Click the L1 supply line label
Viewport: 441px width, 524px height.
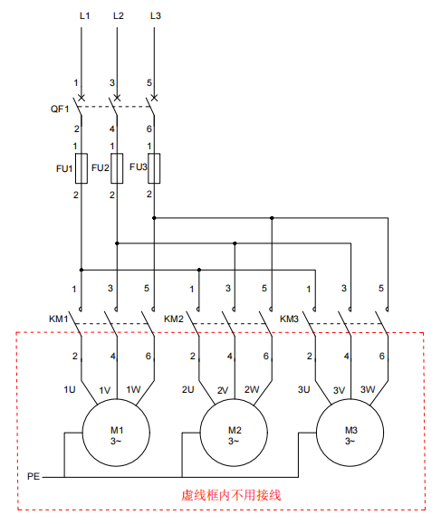click(x=84, y=15)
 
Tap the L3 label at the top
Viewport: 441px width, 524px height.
click(x=156, y=15)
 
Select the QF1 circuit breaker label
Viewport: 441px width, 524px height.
click(x=60, y=109)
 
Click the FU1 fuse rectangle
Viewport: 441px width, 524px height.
click(x=81, y=168)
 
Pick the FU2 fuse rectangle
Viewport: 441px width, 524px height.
click(x=117, y=168)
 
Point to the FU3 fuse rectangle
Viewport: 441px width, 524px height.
click(x=154, y=168)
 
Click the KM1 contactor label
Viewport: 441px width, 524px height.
click(x=59, y=319)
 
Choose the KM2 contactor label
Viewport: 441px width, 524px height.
click(x=174, y=319)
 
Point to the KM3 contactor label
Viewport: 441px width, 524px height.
click(x=289, y=319)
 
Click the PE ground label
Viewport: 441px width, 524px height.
click(x=34, y=476)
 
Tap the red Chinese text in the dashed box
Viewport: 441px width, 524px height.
click(x=231, y=495)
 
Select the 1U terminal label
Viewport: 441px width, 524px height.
click(x=70, y=390)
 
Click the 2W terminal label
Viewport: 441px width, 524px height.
click(x=252, y=390)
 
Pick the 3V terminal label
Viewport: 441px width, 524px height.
click(x=339, y=390)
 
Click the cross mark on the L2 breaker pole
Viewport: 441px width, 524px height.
click(x=117, y=98)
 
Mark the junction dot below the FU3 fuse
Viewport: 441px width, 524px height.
click(x=154, y=218)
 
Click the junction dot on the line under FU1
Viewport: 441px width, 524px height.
click(x=81, y=270)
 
